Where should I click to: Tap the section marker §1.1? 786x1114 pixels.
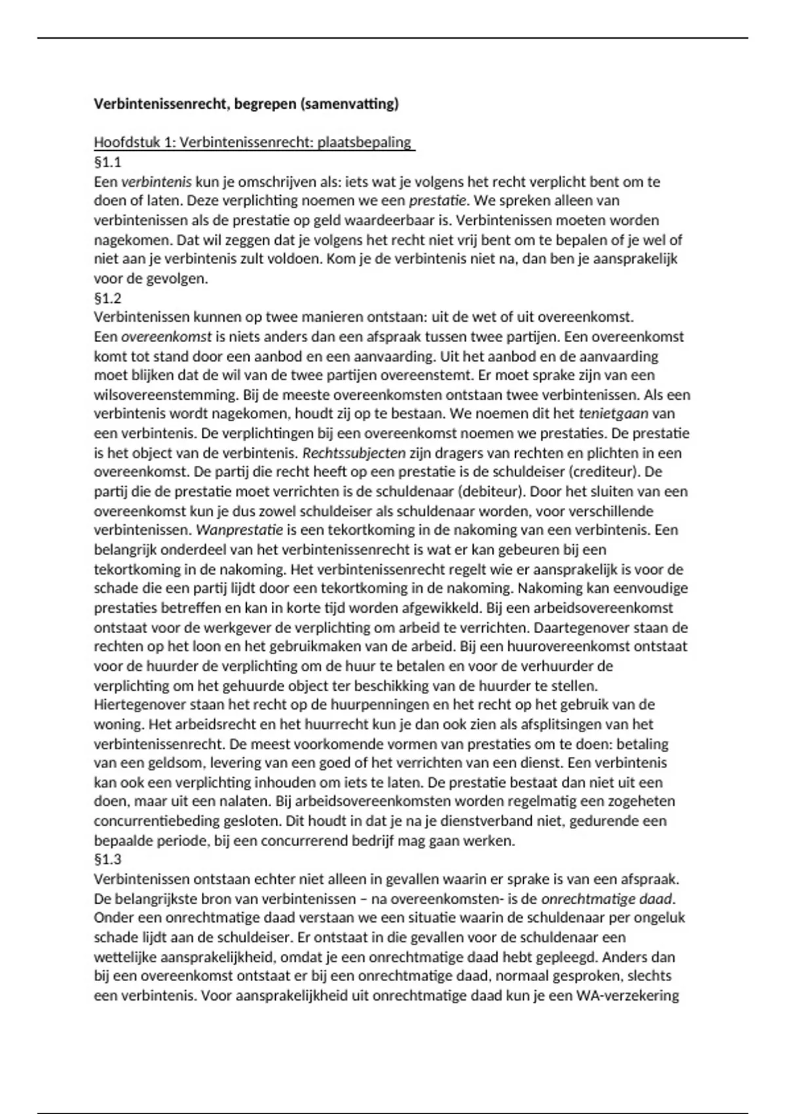tap(108, 162)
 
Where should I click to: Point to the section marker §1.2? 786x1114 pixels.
tap(108, 299)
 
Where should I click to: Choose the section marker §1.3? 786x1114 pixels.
tap(108, 860)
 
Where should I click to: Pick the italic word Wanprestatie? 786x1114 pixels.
tap(235, 530)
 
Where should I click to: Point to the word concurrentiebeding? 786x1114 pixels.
tap(151, 821)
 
